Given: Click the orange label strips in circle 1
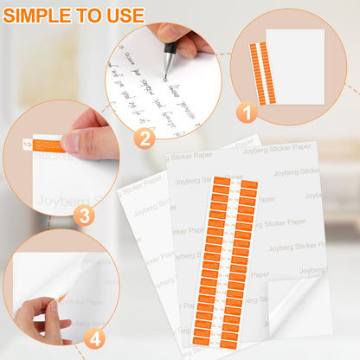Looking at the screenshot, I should pyautogui.click(x=261, y=74).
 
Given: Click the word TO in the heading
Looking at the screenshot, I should pyautogui.click(x=90, y=16).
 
